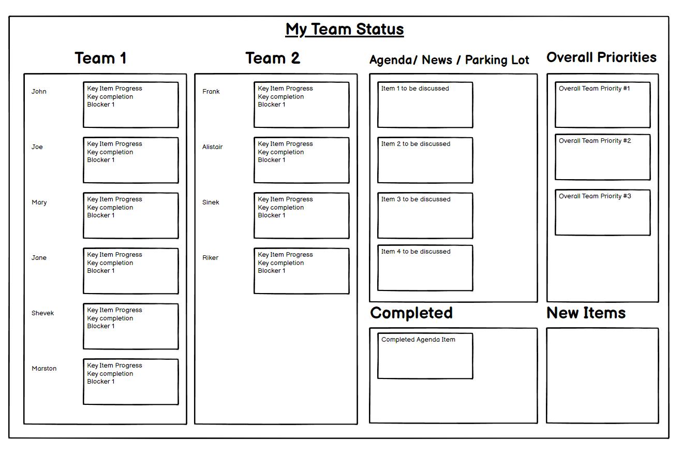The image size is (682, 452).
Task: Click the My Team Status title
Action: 344,30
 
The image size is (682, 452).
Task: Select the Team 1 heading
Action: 100,58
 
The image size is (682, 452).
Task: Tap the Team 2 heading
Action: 273,58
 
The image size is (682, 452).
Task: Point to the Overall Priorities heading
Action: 601,57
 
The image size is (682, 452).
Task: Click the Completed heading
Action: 411,313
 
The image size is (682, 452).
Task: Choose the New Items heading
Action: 586,313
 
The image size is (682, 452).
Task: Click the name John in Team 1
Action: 39,91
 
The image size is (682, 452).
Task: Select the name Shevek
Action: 42,313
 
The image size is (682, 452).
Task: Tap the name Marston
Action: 44,369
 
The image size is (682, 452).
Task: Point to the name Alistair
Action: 213,147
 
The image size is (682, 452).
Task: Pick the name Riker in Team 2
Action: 211,258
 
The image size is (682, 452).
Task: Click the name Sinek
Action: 211,202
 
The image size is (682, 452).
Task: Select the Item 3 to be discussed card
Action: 425,215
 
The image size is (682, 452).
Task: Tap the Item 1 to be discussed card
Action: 425,105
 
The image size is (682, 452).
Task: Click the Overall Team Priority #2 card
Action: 602,157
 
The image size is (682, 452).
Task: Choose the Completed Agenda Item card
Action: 425,356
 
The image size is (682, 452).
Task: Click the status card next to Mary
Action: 130,215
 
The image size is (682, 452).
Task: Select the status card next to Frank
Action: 302,105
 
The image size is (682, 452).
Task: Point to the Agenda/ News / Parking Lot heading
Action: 449,60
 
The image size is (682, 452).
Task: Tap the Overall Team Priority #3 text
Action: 595,196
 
